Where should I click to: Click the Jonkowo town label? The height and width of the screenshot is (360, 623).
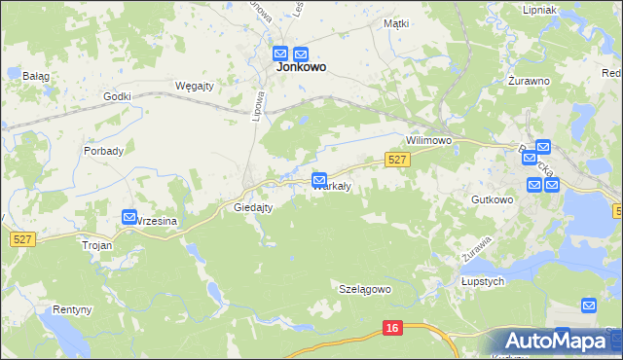coord(301,68)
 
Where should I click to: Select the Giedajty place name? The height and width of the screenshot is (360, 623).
coord(253,207)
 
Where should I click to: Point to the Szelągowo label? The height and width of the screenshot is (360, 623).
coord(364,289)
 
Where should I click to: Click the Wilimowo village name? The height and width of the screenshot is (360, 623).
coord(430,140)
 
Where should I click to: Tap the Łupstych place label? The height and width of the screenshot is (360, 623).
coord(481,281)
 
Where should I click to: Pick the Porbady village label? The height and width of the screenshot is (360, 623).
coord(103,151)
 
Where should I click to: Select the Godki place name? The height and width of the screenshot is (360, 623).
coord(117,96)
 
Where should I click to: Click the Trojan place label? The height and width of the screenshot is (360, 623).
coord(97,245)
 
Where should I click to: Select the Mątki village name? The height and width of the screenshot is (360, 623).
coord(395,22)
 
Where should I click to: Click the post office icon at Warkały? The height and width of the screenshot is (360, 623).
coord(319,180)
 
